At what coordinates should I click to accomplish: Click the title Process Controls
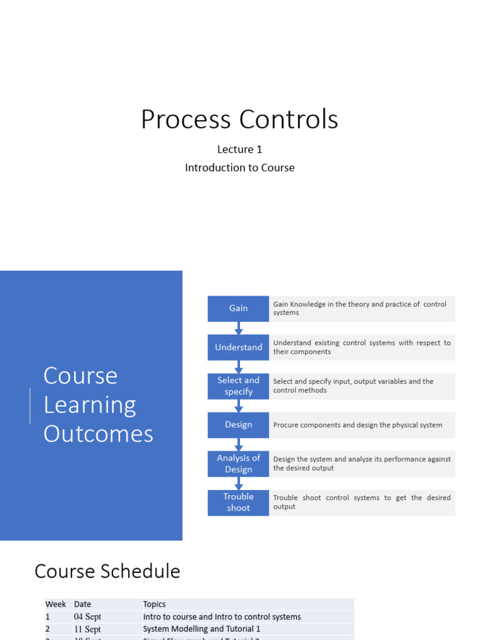pos(239,119)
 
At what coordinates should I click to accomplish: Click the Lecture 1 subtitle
pos(239,149)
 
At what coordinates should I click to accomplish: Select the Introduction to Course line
pos(239,167)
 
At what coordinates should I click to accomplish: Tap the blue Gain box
pos(238,308)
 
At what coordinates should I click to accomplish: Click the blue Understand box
pos(238,347)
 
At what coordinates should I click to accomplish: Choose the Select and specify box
pos(238,386)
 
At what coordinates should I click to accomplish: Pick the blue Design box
pos(238,425)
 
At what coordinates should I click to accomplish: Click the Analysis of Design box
pos(238,464)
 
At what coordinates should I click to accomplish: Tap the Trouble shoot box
pos(238,502)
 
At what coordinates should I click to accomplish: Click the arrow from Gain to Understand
pos(238,328)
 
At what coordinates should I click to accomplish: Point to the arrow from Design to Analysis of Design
pos(238,444)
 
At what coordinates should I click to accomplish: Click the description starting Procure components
pos(357,425)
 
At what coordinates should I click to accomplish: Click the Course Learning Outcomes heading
pos(98,404)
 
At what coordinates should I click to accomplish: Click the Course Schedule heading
pos(107,571)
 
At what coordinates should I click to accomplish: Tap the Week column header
pos(56,604)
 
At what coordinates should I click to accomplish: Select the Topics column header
pos(154,604)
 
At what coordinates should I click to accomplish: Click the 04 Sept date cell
pos(87,617)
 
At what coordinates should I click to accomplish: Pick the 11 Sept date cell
pos(87,629)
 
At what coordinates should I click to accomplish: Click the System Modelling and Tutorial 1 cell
pos(202,629)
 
